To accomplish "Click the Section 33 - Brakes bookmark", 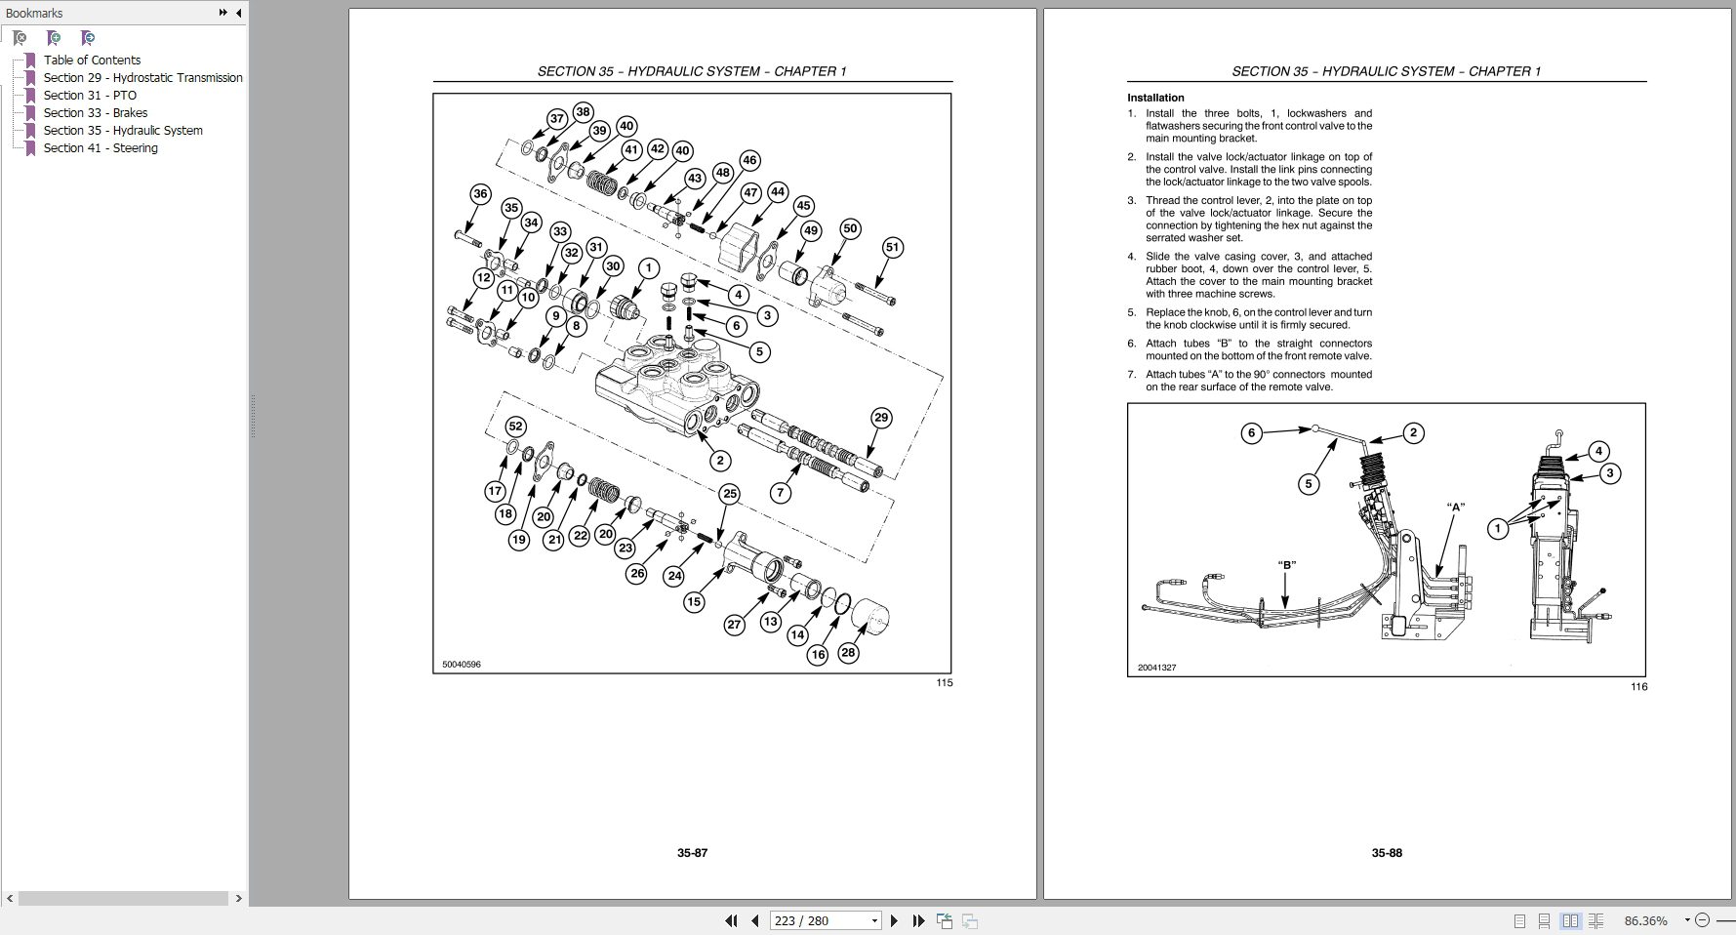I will point(96,112).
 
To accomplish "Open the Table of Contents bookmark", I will point(92,60).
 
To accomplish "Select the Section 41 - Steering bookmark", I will point(101,147).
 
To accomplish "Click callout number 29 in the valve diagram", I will point(880,418).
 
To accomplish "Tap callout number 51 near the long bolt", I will point(892,248).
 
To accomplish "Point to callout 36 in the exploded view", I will point(480,194).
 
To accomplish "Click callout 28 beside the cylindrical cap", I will point(848,652).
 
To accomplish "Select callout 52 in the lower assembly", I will point(515,427).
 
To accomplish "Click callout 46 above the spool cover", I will point(748,160).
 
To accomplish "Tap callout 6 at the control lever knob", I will point(1251,433).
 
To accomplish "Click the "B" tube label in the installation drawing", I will point(1286,564).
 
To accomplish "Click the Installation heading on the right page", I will point(1155,98).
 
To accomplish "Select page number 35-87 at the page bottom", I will point(692,852).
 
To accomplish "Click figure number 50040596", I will point(462,665).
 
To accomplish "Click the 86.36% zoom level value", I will point(1645,920).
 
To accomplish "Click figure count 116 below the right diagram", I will point(1638,686).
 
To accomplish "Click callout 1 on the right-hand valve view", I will point(1498,529).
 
